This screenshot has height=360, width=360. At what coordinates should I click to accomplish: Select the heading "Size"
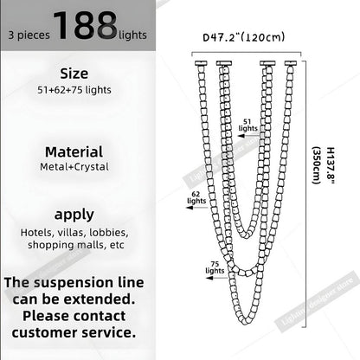click(73, 73)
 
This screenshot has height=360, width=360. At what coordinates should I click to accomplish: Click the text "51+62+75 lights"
click(73, 89)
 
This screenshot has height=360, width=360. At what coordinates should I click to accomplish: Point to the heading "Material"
click(73, 151)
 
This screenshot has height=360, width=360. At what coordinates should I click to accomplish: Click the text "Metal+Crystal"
click(73, 166)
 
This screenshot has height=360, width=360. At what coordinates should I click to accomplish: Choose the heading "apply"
click(73, 214)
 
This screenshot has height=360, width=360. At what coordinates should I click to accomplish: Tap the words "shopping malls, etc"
click(73, 245)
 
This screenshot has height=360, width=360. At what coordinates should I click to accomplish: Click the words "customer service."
click(73, 331)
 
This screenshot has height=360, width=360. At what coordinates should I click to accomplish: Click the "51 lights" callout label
click(248, 126)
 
